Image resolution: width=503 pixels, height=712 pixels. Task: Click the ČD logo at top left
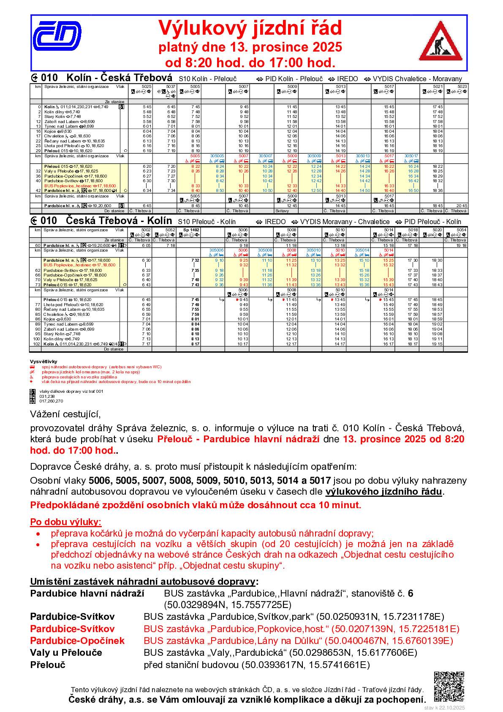(x=57, y=35)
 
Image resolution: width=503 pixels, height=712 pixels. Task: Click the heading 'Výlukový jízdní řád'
(x=250, y=28)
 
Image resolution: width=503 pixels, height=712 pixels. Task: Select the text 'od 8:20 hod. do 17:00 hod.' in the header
(x=250, y=63)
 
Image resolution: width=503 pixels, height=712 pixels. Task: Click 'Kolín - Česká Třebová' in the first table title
(x=120, y=78)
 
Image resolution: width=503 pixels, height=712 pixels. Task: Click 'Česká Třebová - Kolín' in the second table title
(x=119, y=221)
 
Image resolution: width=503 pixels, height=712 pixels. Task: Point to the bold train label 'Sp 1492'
(x=189, y=230)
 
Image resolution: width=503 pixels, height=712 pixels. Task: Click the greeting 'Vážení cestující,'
(x=65, y=414)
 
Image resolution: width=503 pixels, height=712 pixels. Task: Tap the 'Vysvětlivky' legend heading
(x=43, y=362)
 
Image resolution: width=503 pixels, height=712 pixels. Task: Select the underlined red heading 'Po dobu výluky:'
(x=66, y=522)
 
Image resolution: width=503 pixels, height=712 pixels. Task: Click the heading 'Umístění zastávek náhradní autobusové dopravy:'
(x=144, y=581)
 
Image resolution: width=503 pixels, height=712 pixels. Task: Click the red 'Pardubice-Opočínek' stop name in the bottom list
(x=77, y=641)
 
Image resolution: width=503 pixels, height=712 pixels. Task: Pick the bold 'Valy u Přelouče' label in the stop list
(x=66, y=652)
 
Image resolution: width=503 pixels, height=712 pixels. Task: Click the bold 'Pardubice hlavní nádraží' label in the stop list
(x=87, y=593)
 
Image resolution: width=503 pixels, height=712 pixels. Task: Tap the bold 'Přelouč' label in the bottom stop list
(x=48, y=665)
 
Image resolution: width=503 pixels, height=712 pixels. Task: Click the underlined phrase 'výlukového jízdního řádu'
(x=383, y=491)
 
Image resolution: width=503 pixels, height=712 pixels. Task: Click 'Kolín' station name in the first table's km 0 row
(x=49, y=107)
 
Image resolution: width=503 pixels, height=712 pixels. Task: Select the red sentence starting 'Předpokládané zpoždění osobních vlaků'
(x=196, y=504)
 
